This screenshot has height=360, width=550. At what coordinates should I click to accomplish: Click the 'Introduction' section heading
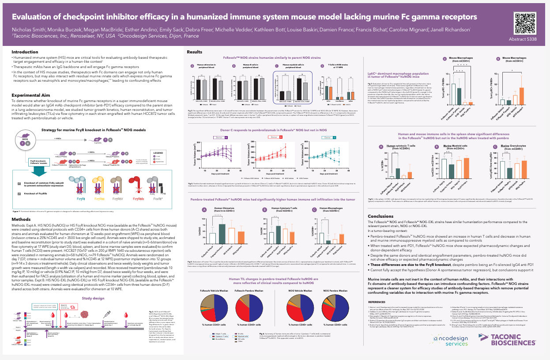pos(25,52)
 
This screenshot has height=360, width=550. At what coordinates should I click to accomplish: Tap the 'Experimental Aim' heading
pos(30,95)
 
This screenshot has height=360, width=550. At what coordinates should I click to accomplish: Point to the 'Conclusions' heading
pos(380,216)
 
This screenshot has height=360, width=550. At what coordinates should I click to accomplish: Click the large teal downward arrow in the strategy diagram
pos(38,169)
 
